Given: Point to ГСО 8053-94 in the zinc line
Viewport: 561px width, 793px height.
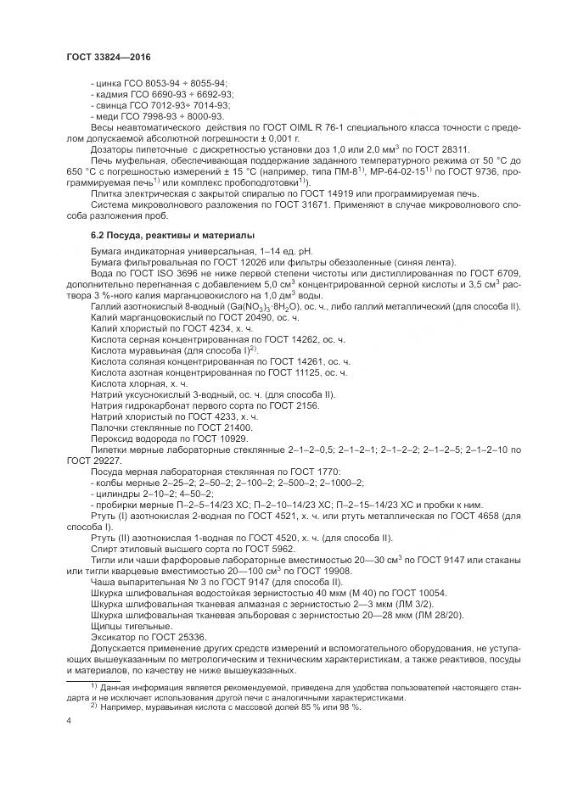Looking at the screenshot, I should [158, 83].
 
